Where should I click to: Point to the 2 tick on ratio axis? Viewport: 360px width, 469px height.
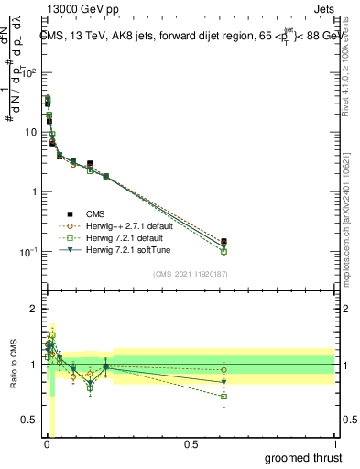[x=35, y=309]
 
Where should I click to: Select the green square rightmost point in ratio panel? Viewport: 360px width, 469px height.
[x=224, y=397]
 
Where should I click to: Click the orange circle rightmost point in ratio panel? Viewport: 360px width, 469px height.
[x=224, y=369]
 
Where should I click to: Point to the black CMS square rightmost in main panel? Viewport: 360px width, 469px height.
[x=224, y=242]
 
